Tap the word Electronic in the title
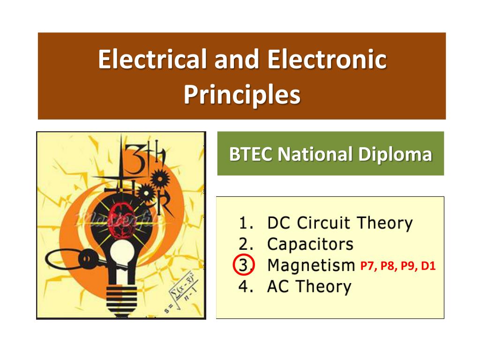[x=327, y=60]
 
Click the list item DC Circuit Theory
[x=339, y=223]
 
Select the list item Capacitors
[x=310, y=244]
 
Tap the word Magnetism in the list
[x=311, y=266]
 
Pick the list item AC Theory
[x=308, y=286]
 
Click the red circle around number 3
[x=243, y=265]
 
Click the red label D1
[x=428, y=266]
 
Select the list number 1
[x=243, y=223]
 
